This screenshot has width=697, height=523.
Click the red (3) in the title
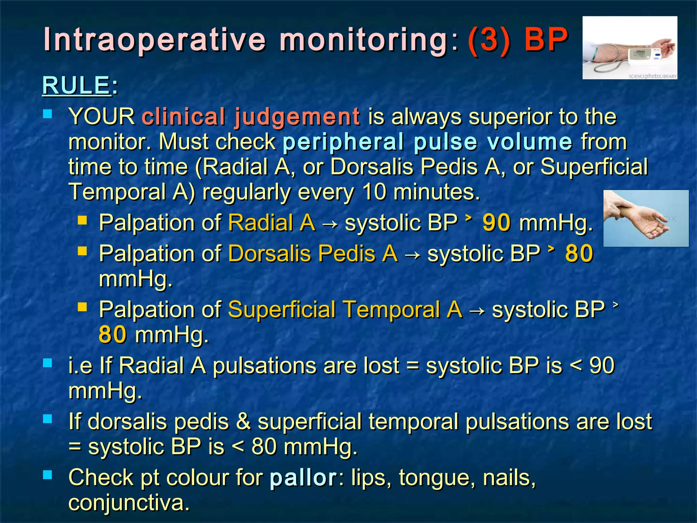pos(489,39)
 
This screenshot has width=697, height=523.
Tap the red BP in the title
pos(546,39)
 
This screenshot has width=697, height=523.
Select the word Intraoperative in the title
pos(155,40)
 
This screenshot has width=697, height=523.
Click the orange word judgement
pos(297,116)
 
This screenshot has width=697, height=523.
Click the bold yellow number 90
pos(497,223)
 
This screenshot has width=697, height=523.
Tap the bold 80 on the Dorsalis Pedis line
pos(579,254)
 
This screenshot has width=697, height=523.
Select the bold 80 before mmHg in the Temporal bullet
pos(113,335)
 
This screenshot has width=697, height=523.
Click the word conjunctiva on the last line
pos(129,503)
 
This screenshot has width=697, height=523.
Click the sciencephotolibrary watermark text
pos(652,76)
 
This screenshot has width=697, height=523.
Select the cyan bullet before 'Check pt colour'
pos(48,475)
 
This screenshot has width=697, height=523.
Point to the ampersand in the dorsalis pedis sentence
pos(243,422)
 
